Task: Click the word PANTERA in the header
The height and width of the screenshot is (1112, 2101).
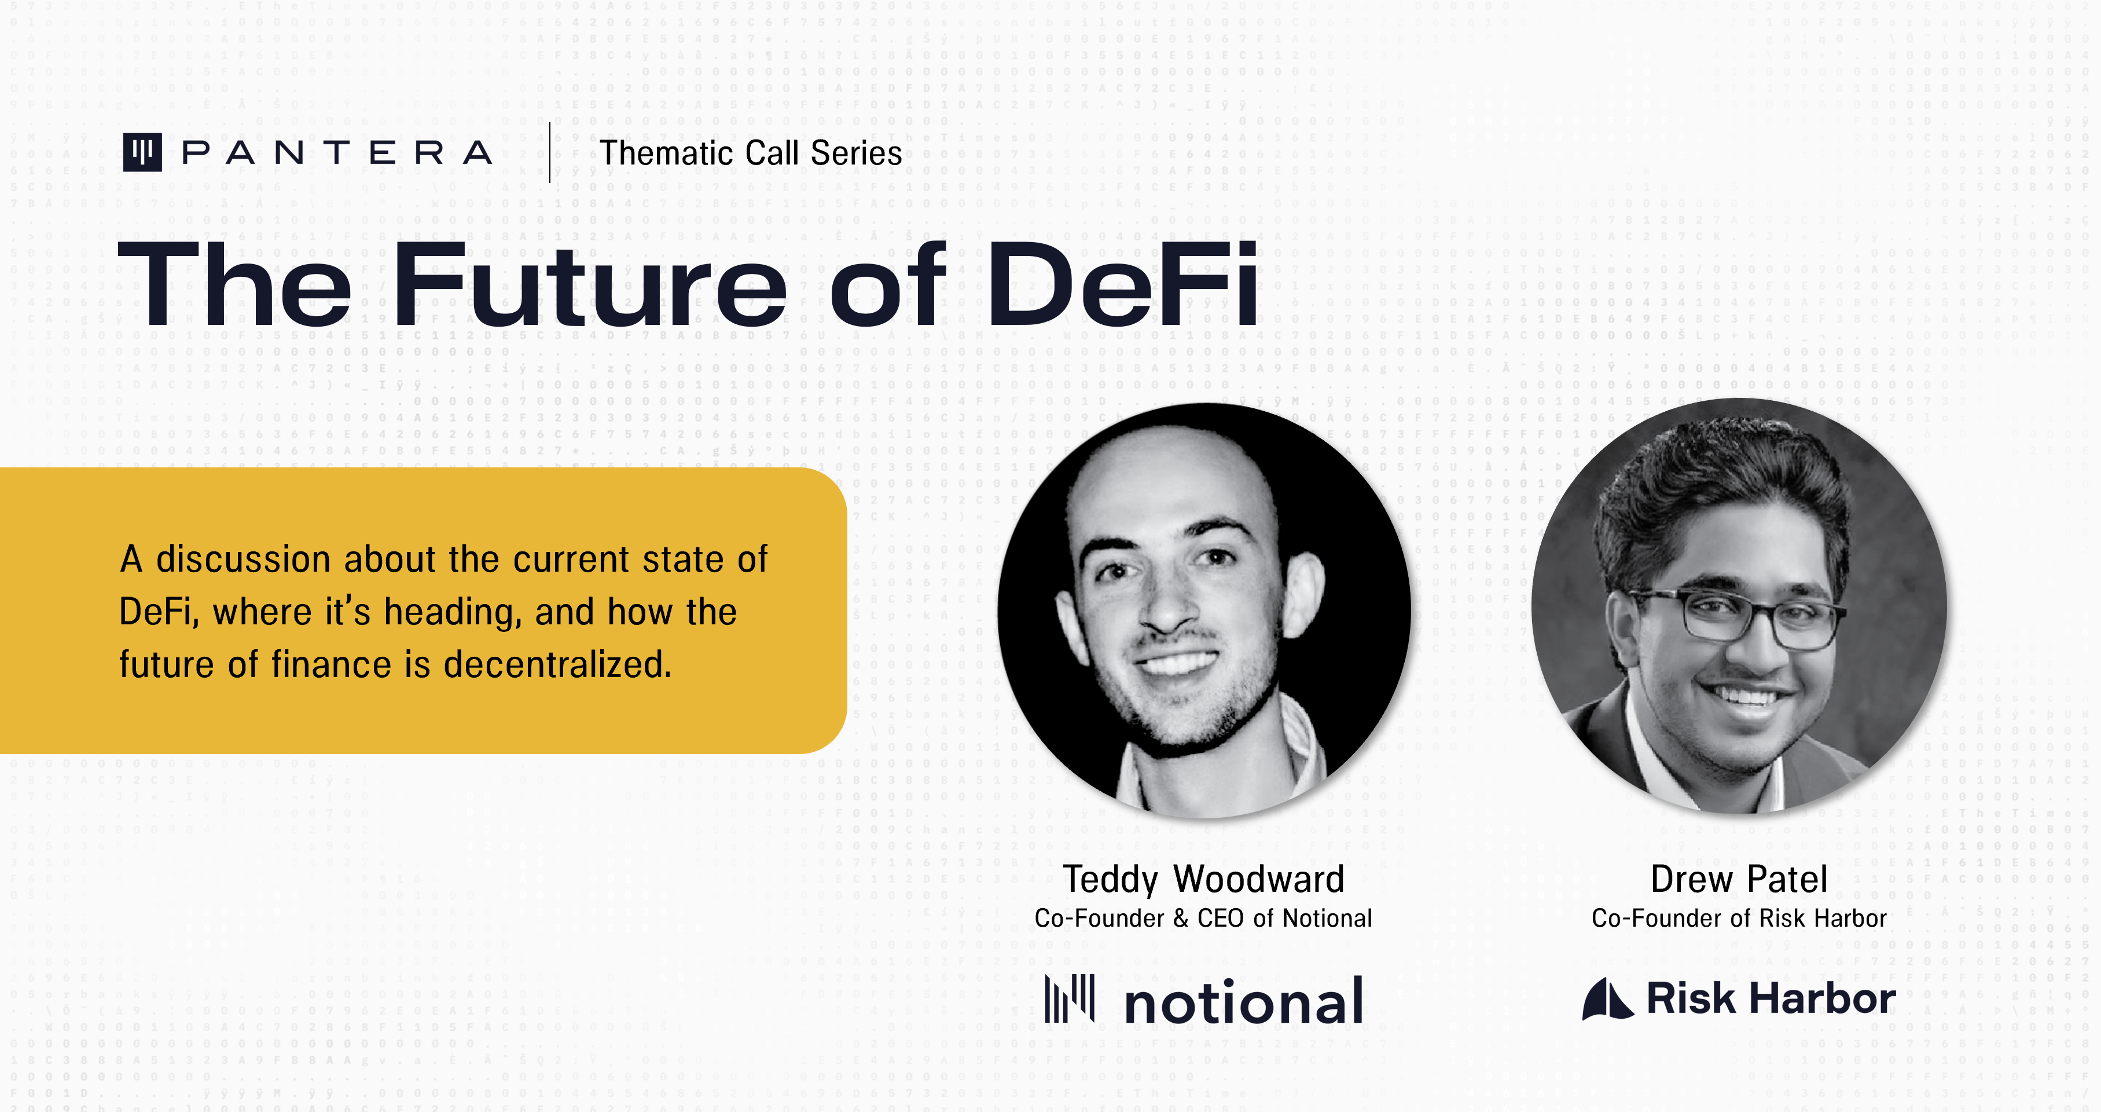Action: pyautogui.click(x=337, y=152)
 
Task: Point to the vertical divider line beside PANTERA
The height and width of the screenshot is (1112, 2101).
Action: pyautogui.click(x=550, y=152)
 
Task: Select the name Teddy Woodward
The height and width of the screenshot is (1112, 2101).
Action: pyautogui.click(x=1203, y=880)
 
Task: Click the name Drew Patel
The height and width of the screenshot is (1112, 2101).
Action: pyautogui.click(x=1738, y=880)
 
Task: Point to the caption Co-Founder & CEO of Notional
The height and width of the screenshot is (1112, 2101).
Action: pyautogui.click(x=1203, y=919)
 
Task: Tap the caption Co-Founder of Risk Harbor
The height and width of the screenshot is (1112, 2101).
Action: pyautogui.click(x=1739, y=919)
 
